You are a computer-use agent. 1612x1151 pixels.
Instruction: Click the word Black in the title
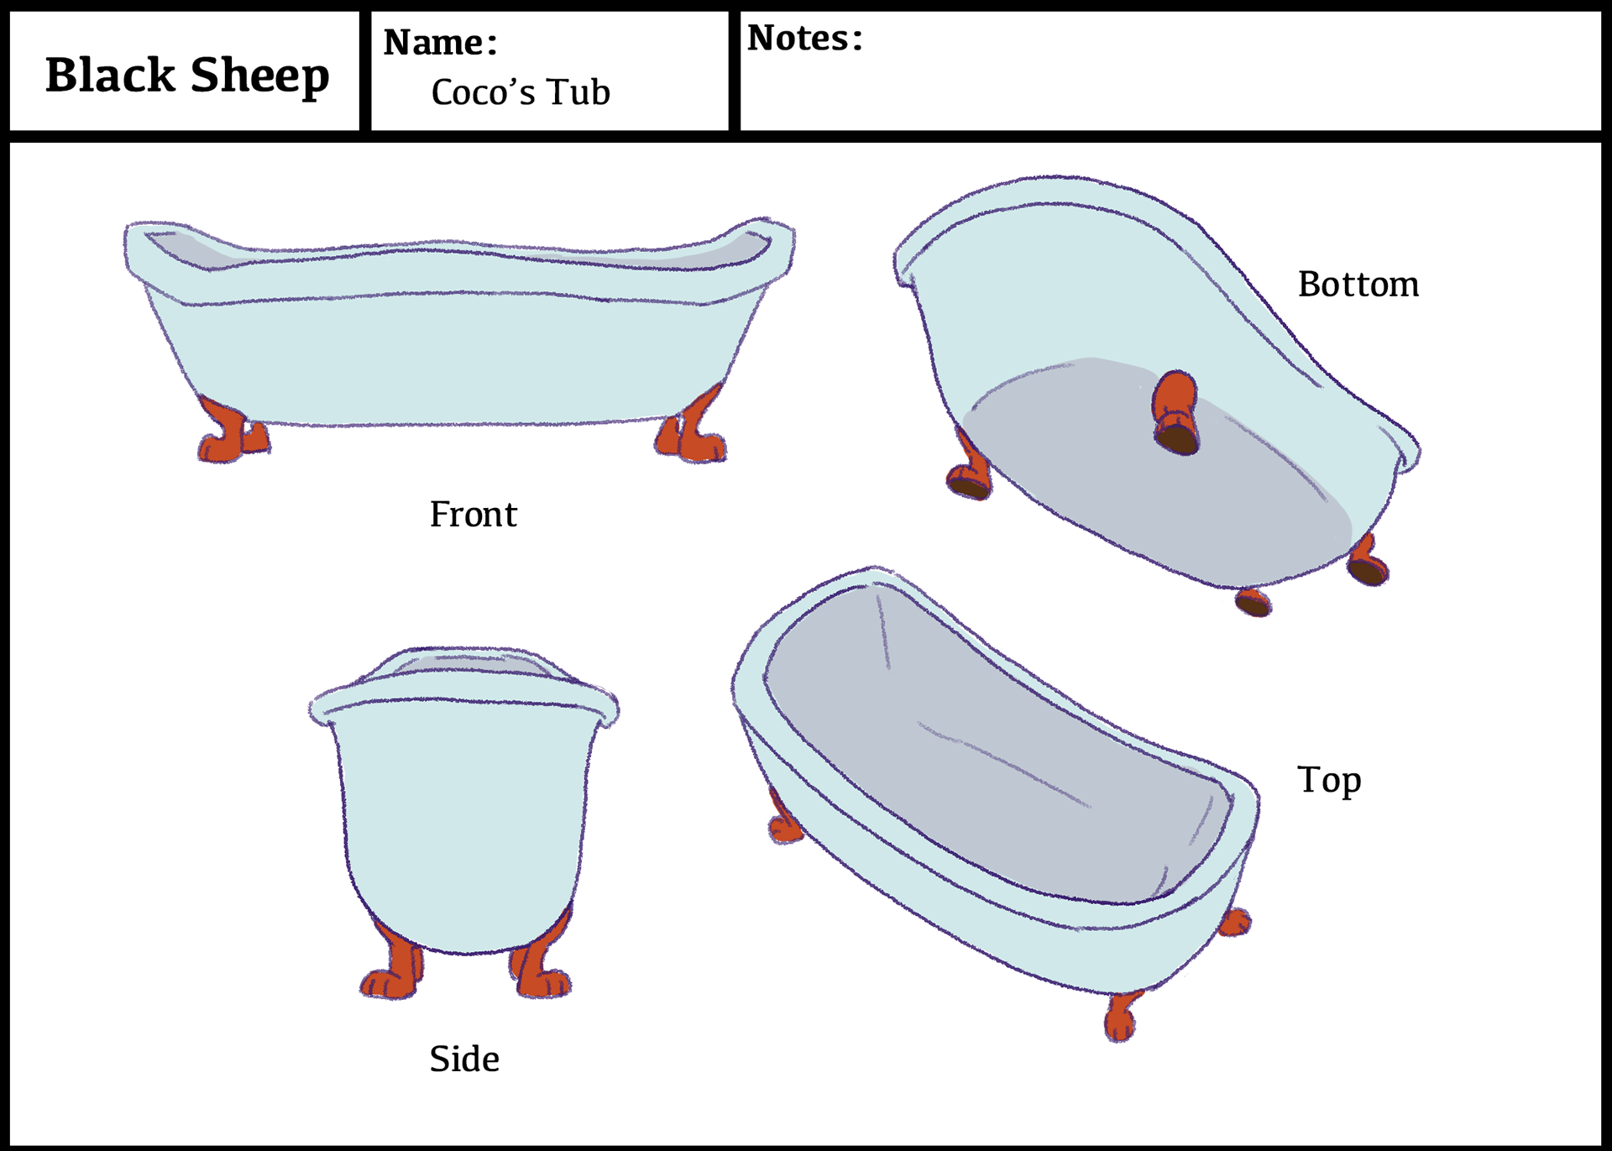coord(110,76)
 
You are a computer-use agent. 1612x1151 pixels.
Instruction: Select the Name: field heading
coord(440,42)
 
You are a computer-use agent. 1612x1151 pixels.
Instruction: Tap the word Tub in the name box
coord(578,92)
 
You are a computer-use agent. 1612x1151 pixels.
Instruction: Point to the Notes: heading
coord(804,39)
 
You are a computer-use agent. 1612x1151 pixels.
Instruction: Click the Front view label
coord(473,514)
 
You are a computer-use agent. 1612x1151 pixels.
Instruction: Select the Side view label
coord(464,1059)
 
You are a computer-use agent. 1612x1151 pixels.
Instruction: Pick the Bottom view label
coord(1358,285)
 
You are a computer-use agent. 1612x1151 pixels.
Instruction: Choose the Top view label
coord(1328,780)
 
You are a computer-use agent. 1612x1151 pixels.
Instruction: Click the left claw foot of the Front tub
coord(232,433)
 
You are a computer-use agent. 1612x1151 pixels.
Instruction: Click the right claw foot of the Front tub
coord(692,433)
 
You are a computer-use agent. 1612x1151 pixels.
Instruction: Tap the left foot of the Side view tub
coord(395,970)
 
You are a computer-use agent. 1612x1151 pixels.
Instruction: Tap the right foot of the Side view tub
coord(537,970)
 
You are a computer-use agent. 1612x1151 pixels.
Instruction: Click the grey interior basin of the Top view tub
coord(991,756)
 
